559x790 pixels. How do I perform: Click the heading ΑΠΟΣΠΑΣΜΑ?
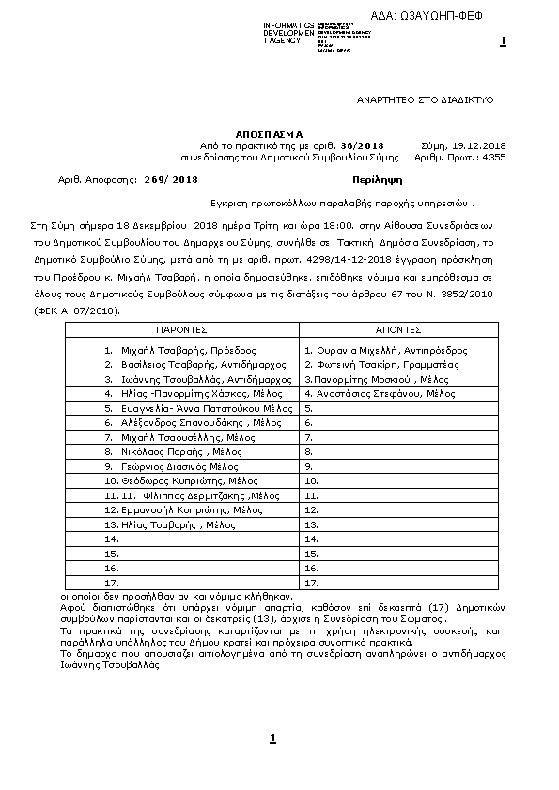click(270, 134)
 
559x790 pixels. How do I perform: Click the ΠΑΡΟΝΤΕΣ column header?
click(181, 331)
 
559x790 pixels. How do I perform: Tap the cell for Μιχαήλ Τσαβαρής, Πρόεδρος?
click(181, 349)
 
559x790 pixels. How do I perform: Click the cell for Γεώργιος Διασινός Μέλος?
click(181, 466)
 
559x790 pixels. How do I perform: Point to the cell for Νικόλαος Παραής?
click(181, 451)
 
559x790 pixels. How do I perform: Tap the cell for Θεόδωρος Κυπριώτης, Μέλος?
click(181, 480)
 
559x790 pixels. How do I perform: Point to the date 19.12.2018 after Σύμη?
click(479, 145)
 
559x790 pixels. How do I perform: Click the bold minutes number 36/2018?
click(364, 145)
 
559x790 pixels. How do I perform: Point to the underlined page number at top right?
click(504, 41)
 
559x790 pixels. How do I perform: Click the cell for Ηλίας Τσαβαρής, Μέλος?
click(181, 524)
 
